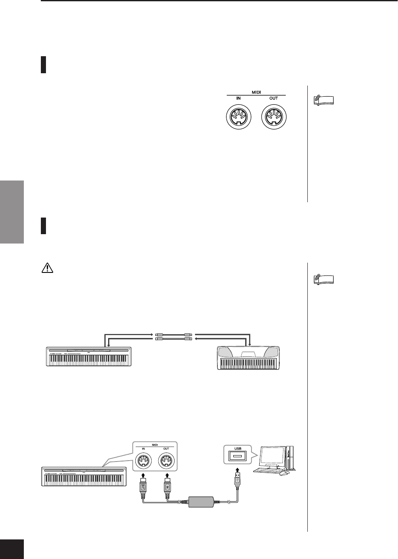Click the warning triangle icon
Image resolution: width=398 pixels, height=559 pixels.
click(46, 267)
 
